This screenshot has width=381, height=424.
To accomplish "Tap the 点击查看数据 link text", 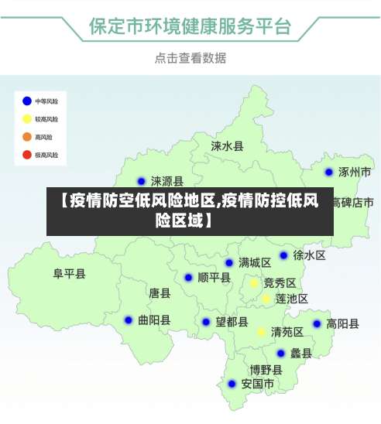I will click(190, 57).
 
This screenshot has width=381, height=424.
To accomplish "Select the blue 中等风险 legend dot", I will click(27, 101).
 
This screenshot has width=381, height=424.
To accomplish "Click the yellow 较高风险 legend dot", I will click(27, 119).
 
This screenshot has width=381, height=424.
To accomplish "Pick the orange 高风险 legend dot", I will click(27, 137).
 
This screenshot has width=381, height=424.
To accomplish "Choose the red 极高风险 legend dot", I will click(27, 155).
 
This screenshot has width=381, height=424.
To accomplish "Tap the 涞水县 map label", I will click(228, 145).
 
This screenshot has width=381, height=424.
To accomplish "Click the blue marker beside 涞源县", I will click(141, 182).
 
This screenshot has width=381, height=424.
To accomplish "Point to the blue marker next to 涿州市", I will click(329, 172).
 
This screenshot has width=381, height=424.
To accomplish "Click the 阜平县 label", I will click(69, 274).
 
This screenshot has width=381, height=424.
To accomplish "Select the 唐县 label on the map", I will click(160, 293).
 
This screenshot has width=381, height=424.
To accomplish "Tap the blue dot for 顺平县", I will click(188, 278).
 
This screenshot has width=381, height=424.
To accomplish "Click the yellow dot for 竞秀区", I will click(253, 283).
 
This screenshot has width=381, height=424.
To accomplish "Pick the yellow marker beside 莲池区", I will click(266, 299).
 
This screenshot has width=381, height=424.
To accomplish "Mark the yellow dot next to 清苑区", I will click(262, 332).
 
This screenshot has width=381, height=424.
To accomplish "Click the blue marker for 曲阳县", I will click(129, 320).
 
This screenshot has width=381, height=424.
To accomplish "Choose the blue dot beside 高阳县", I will click(317, 324).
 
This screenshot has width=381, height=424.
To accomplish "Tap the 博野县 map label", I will click(266, 370).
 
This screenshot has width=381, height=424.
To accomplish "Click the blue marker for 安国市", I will click(232, 384).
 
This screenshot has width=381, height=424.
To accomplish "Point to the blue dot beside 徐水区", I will click(283, 255).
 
